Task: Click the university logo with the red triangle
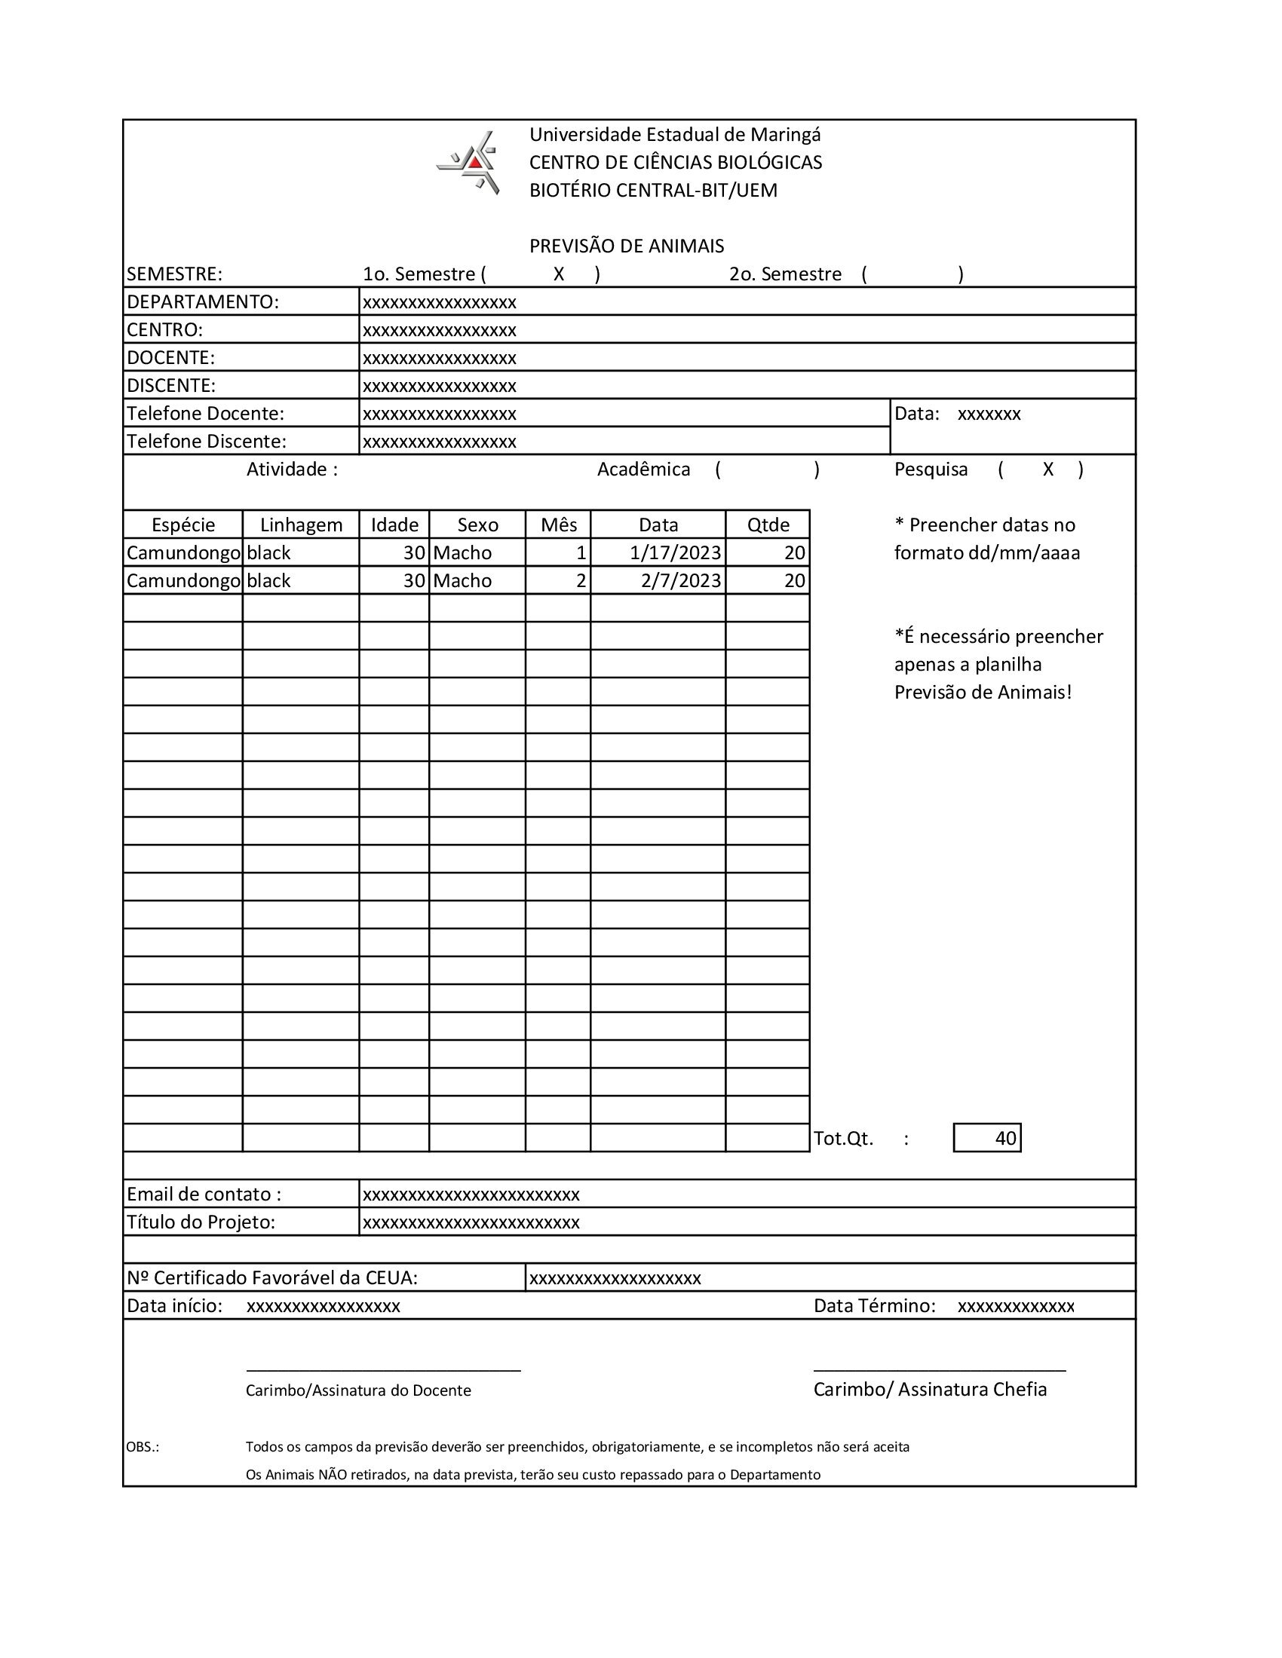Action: click(x=468, y=163)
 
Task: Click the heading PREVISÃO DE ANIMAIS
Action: click(x=627, y=246)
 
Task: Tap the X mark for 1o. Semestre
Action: click(x=558, y=274)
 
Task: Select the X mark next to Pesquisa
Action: click(x=1048, y=470)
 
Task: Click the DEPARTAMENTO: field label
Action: click(x=203, y=302)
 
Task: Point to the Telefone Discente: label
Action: click(x=207, y=441)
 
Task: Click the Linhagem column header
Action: click(x=301, y=525)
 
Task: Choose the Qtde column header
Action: click(x=768, y=525)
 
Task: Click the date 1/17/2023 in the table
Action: click(x=674, y=552)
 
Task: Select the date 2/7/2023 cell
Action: click(x=679, y=581)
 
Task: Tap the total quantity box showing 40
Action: click(x=987, y=1138)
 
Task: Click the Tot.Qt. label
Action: click(x=844, y=1139)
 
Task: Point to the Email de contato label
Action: click(x=204, y=1195)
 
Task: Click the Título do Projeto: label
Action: click(x=201, y=1222)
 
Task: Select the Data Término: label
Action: click(x=874, y=1306)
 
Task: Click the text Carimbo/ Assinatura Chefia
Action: click(x=930, y=1389)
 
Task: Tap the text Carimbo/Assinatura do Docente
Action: click(x=358, y=1390)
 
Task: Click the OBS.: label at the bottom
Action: click(x=143, y=1447)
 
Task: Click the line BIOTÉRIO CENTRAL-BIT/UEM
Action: click(x=653, y=191)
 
